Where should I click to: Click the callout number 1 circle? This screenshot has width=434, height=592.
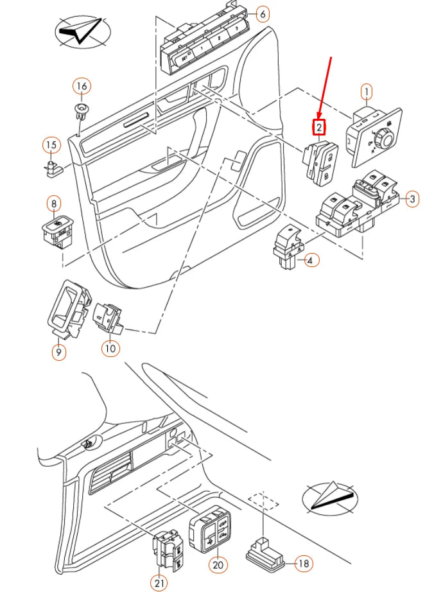coord(366,92)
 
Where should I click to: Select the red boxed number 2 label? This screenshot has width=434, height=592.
coord(319,128)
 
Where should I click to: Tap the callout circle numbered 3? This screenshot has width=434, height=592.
coord(412,199)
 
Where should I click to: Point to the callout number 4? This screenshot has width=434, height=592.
coord(311,260)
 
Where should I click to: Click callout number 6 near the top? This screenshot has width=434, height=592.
coord(262,13)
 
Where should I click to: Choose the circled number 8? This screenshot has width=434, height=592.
coord(53,204)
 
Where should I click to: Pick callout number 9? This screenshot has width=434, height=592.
coord(58,351)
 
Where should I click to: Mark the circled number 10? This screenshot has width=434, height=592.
coord(110,348)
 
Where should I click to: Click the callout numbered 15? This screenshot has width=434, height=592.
coord(51,146)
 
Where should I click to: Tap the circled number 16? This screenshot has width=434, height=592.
coord(82,86)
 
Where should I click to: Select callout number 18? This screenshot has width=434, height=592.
coord(304,564)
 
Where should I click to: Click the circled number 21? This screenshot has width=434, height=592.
coord(159,582)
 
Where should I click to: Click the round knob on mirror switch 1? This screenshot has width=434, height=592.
coord(387,135)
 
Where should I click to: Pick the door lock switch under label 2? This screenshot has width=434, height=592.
coord(320,161)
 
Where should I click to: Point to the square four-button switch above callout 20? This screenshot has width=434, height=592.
coord(209,530)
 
